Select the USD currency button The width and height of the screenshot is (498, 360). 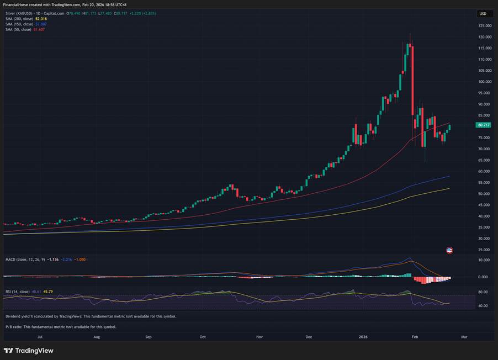483,14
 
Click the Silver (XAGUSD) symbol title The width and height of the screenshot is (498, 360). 22,13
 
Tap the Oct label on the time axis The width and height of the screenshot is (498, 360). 203,336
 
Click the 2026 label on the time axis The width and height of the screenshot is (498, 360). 363,336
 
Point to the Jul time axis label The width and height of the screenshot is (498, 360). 40,336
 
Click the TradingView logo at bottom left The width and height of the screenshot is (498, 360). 29,351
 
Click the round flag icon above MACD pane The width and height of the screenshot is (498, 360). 449,250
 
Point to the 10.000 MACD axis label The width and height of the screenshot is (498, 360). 484,260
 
